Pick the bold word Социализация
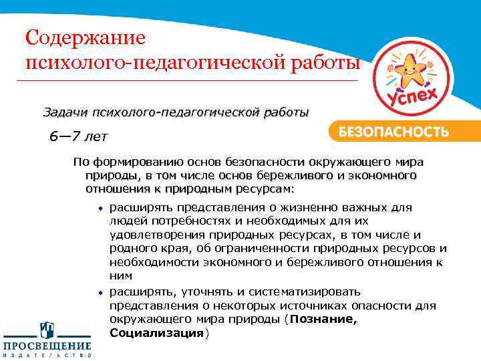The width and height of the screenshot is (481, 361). tap(156, 333)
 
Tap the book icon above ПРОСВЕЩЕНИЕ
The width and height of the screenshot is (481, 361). tap(47, 330)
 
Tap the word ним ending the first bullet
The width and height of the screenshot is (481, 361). tap(121, 275)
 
